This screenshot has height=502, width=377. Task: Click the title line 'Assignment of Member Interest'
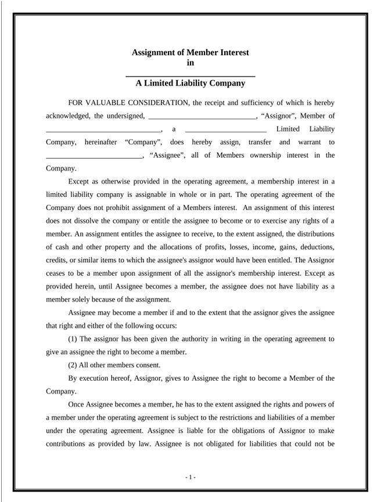190,52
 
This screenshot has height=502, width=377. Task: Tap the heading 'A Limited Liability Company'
190,83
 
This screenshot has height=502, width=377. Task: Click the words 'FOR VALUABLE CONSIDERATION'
128,103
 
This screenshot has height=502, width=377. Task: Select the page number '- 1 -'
191,477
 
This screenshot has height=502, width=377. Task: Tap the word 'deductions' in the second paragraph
315,247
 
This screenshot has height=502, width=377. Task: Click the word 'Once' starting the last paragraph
78,405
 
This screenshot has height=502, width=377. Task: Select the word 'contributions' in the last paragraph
66,444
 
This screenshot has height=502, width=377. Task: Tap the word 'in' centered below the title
190,63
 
